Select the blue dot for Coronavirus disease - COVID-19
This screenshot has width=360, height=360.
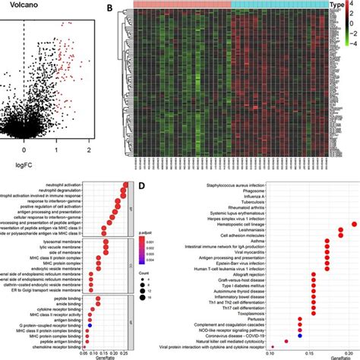coord(301,334)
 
